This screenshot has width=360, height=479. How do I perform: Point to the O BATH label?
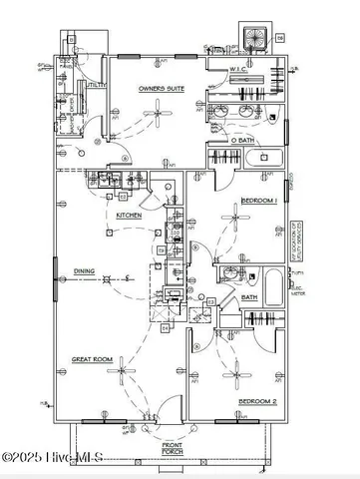tap(243, 140)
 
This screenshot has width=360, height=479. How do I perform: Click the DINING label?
tap(84, 269)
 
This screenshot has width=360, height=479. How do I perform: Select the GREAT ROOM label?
tap(90, 357)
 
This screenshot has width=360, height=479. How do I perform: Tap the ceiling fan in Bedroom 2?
tap(236, 377)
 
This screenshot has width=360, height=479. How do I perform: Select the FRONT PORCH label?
tap(172, 448)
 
